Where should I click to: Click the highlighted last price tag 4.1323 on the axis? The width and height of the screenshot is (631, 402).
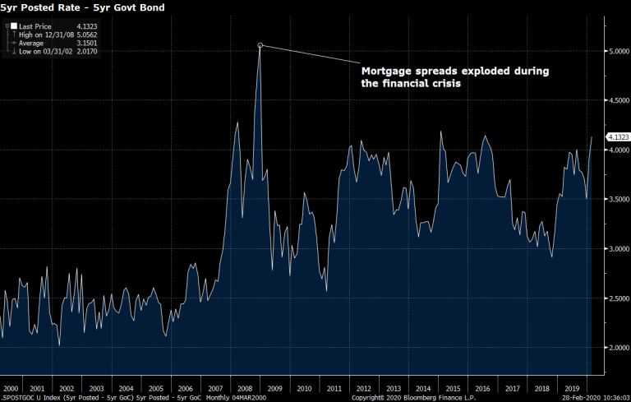pyautogui.click(x=616, y=136)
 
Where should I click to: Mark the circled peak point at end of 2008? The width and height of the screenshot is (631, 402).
pyautogui.click(x=260, y=45)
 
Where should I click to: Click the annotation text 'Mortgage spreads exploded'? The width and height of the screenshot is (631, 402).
pyautogui.click(x=455, y=72)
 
